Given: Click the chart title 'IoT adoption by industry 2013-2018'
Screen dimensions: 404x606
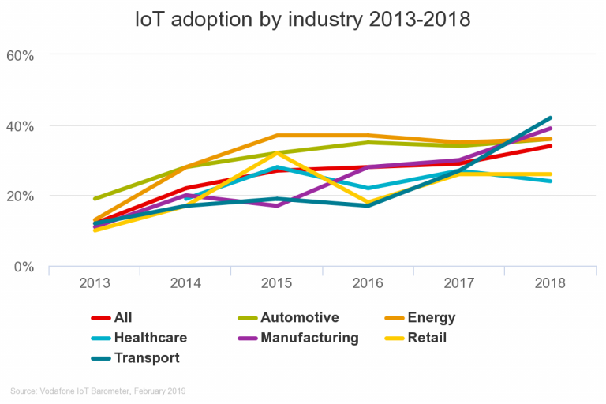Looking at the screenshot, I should [x=303, y=19].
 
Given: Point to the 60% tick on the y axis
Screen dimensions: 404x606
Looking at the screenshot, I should [x=20, y=55].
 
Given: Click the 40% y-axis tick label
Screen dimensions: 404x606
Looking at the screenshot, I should [x=20, y=125].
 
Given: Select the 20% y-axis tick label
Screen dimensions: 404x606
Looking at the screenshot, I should [x=20, y=196].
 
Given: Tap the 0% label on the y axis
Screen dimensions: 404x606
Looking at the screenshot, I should [x=23, y=267].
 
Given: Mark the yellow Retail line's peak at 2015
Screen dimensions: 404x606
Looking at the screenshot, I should [x=276, y=153].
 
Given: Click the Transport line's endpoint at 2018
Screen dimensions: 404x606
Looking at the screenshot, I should [x=550, y=118].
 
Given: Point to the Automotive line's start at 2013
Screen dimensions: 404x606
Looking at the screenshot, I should [x=94, y=199].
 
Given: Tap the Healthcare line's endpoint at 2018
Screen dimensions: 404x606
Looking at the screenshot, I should [x=550, y=181].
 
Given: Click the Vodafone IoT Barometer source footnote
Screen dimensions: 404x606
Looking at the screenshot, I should [x=98, y=391].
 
